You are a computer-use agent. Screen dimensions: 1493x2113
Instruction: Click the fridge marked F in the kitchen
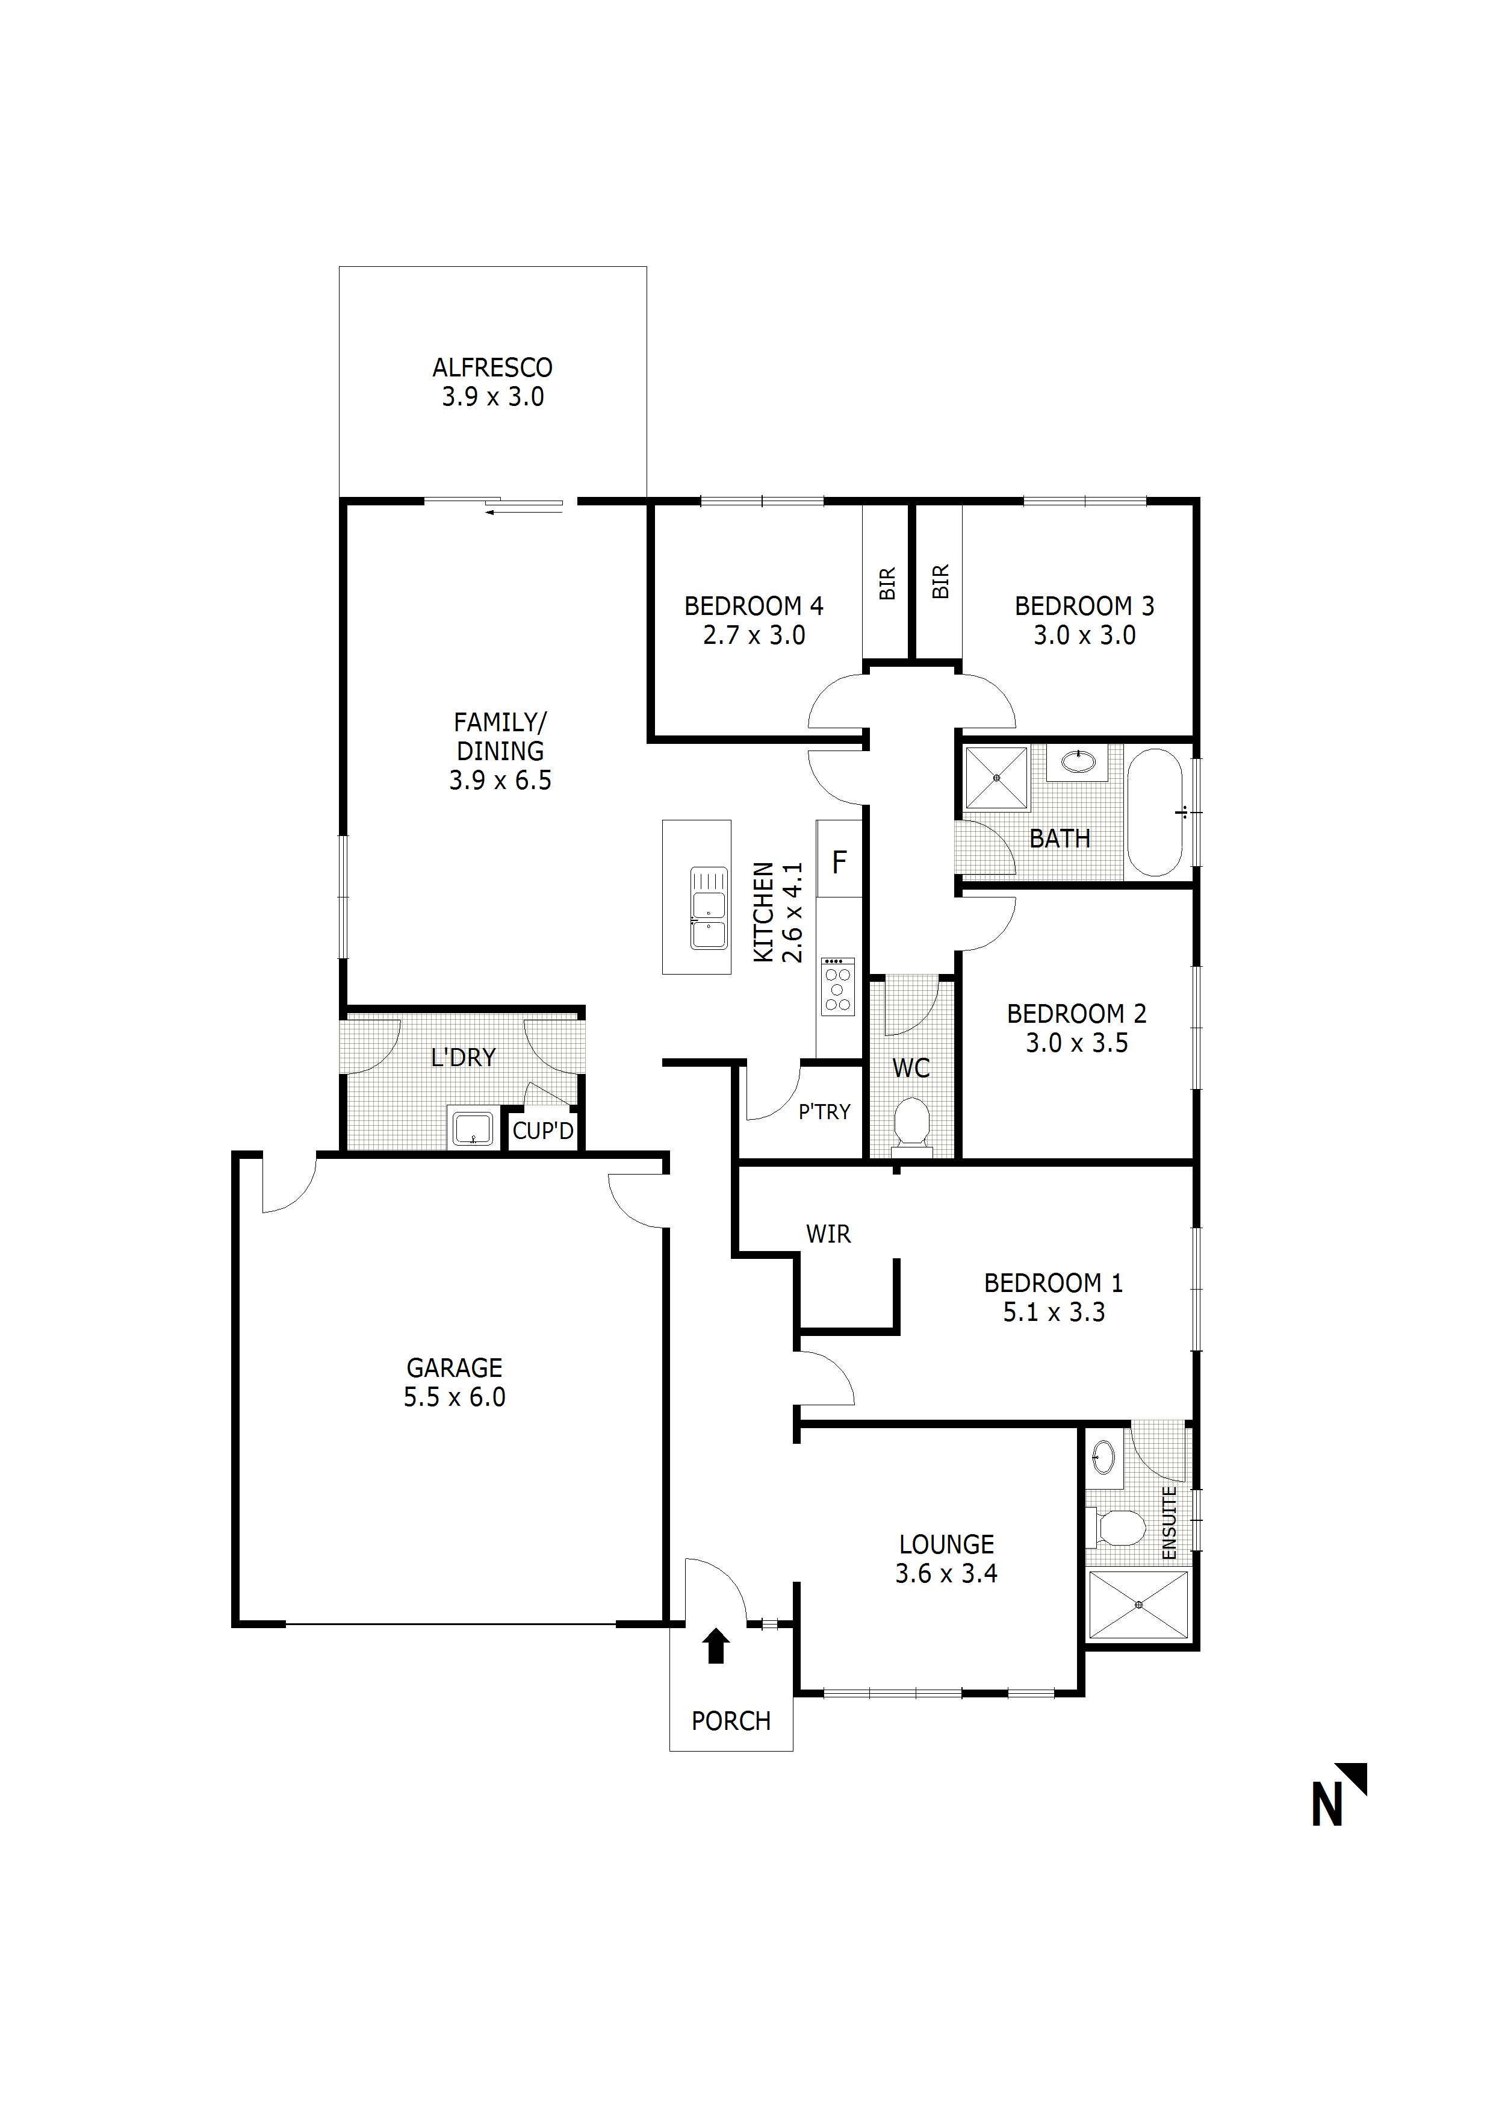pos(839,860)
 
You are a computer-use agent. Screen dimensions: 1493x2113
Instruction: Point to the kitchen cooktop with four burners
pos(837,987)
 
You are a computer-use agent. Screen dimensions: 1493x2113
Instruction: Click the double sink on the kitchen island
pos(709,907)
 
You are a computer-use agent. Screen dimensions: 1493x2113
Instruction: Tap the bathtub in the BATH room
pos(1155,812)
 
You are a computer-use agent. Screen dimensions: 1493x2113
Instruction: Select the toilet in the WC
pos(911,1123)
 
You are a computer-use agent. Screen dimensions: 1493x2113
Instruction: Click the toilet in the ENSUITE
pos(1117,1529)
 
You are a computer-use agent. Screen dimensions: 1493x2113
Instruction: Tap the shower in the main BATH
pos(996,778)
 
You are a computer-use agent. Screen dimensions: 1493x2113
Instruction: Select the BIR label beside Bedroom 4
pos(887,584)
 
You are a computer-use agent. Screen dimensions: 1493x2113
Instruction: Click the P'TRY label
pos(824,1112)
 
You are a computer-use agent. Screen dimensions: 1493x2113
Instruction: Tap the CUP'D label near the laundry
pos(543,1131)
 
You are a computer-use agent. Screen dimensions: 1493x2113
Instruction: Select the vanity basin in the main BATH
pos(1077,762)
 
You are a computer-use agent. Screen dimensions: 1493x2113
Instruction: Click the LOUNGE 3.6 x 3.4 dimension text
pos(946,1574)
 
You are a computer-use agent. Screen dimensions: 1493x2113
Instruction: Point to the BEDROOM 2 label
pos(1076,1014)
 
